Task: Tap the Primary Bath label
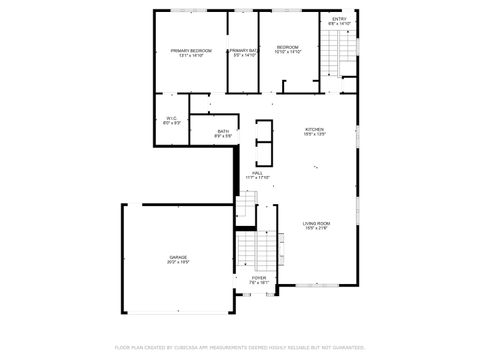coord(243,50)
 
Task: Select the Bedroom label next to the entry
coord(288,46)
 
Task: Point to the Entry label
coord(339,18)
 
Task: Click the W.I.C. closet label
coord(171,118)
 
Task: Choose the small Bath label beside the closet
coord(223,131)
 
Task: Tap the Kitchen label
coord(315,130)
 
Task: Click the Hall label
coord(257,172)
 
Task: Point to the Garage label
coord(178,257)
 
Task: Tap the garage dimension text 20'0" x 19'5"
coord(178,263)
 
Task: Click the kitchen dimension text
coord(315,136)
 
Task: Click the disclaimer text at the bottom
coord(240,347)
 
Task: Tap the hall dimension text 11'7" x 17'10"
coord(257,178)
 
